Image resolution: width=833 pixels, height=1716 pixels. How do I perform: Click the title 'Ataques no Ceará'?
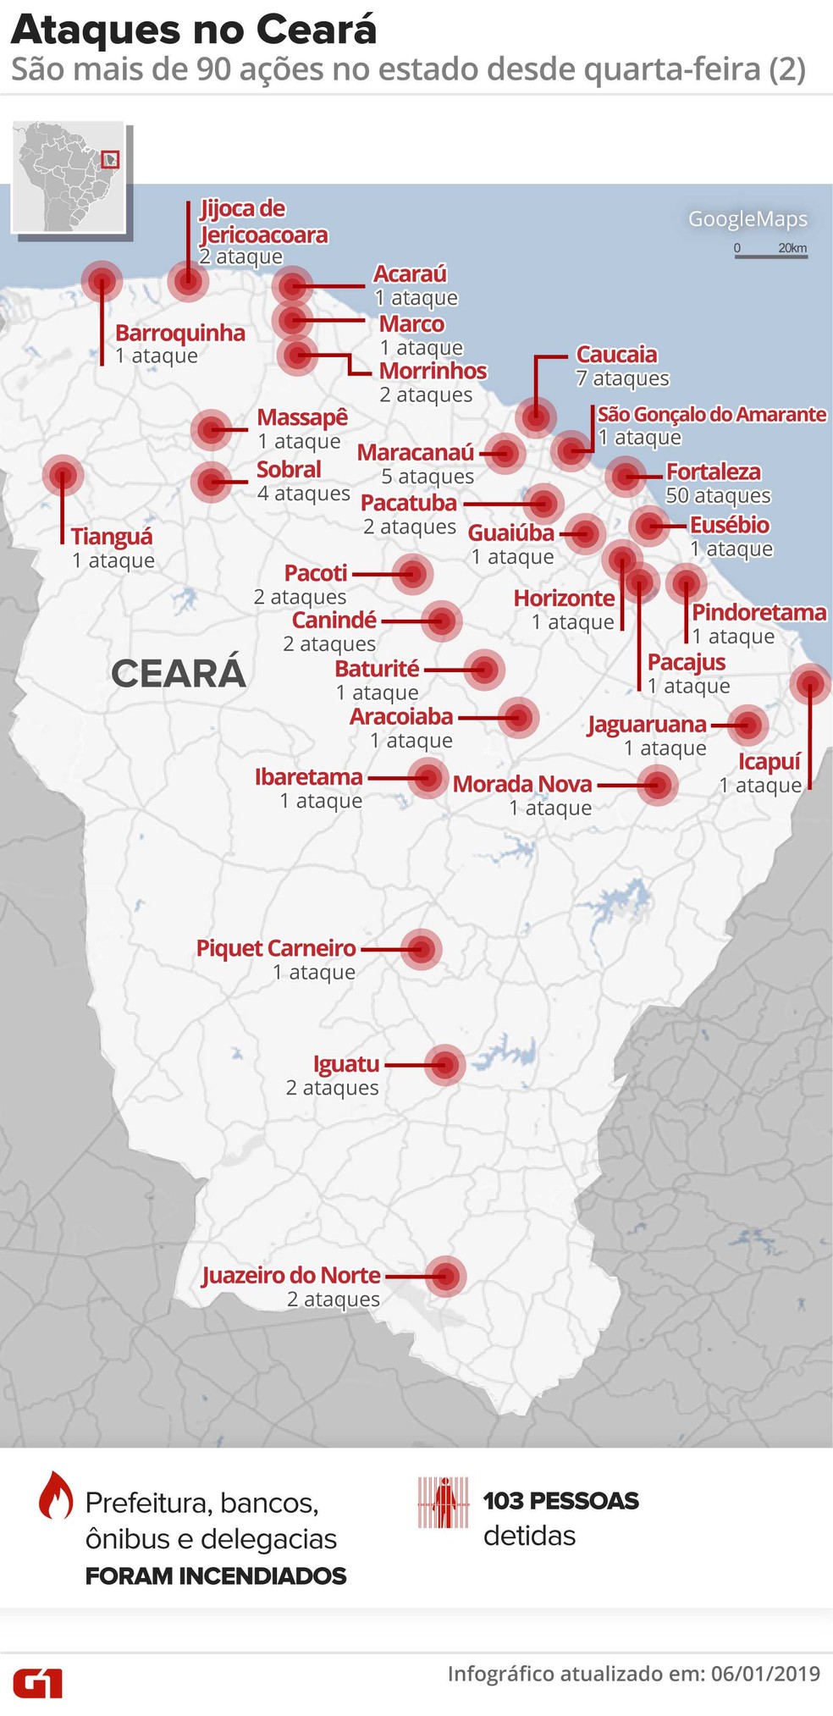[193, 30]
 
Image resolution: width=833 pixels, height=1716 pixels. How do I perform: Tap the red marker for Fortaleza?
[625, 477]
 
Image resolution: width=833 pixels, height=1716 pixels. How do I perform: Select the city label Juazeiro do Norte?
[291, 1275]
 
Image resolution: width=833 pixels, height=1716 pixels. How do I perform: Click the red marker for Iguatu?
[445, 1065]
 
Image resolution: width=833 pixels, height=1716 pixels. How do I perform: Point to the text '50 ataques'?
[718, 495]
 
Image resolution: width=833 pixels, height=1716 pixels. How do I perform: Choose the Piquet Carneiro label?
[276, 948]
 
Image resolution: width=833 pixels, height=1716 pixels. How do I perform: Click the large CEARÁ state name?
[179, 674]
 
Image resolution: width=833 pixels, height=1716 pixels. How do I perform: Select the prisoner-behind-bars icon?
[443, 1503]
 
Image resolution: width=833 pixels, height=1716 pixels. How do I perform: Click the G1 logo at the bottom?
[37, 1682]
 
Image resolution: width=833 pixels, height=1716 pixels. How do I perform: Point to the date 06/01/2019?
[765, 1674]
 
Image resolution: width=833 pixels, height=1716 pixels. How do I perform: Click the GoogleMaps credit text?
[747, 219]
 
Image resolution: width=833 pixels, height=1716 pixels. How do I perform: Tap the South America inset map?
[69, 177]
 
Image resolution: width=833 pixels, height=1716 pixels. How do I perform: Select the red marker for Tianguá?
[63, 476]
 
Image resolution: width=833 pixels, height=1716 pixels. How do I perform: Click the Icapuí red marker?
[810, 683]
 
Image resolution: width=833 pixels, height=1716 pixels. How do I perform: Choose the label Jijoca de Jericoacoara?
[263, 222]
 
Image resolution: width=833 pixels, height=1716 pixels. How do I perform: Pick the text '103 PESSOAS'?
[560, 1501]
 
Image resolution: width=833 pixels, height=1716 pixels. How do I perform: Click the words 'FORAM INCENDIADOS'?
[216, 1575]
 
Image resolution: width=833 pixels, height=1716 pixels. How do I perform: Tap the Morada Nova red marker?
[658, 785]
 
